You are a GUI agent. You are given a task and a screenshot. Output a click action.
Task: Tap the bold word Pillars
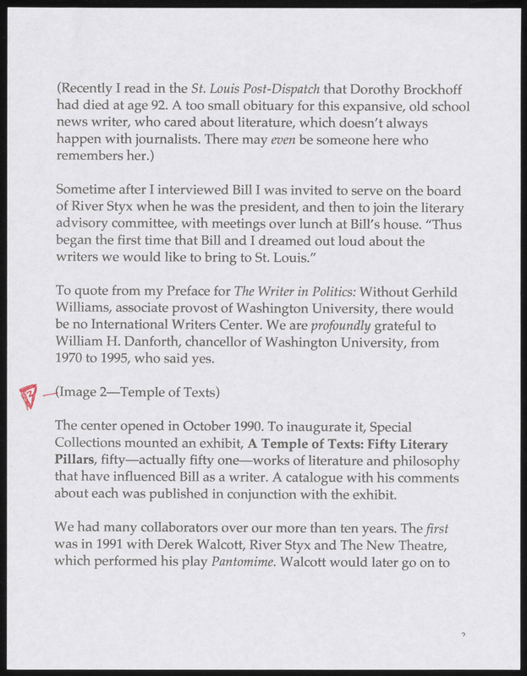point(75,461)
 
